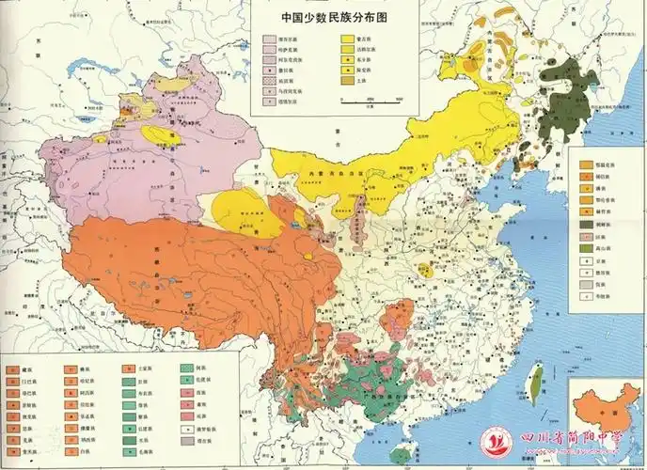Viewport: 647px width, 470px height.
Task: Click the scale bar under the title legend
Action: pos(372,98)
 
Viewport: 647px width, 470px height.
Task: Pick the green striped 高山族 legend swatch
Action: pos(585,241)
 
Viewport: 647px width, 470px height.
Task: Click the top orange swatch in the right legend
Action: pos(585,160)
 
